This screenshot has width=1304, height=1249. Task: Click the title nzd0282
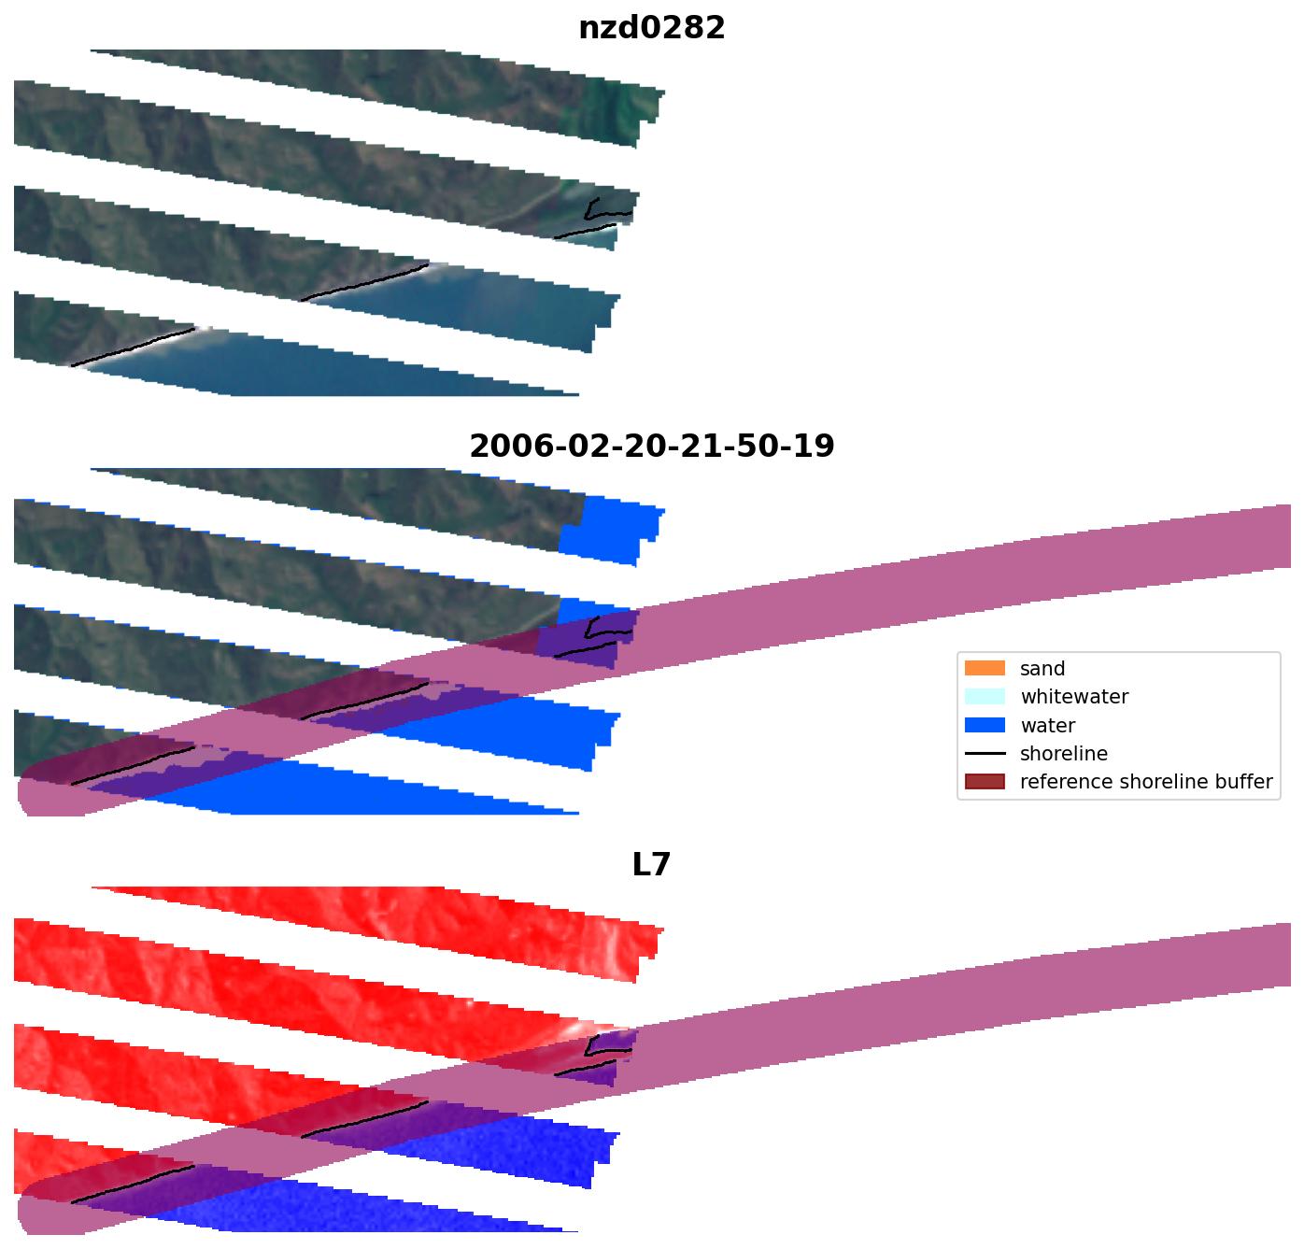click(651, 28)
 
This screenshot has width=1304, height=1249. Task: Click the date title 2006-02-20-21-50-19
click(651, 447)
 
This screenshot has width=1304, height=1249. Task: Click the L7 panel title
click(651, 865)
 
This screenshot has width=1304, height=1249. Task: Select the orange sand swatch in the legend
click(985, 669)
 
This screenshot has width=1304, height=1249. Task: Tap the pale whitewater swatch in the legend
click(985, 697)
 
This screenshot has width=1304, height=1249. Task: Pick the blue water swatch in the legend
click(985, 726)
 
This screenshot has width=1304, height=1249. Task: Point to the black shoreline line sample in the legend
click(985, 754)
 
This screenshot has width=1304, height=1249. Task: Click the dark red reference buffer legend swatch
click(985, 782)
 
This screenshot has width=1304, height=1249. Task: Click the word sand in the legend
click(1042, 669)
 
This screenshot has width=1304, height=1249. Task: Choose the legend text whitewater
click(1074, 697)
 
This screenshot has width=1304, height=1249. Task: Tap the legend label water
click(1047, 726)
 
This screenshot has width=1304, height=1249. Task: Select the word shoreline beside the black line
click(1064, 754)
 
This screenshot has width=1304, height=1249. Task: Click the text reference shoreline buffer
click(1146, 782)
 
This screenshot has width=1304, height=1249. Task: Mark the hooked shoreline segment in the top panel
click(596, 213)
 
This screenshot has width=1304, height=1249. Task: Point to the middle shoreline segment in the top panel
click(364, 283)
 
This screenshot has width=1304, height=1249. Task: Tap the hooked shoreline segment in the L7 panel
click(596, 1050)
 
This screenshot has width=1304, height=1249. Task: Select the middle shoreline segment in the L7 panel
click(364, 1120)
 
